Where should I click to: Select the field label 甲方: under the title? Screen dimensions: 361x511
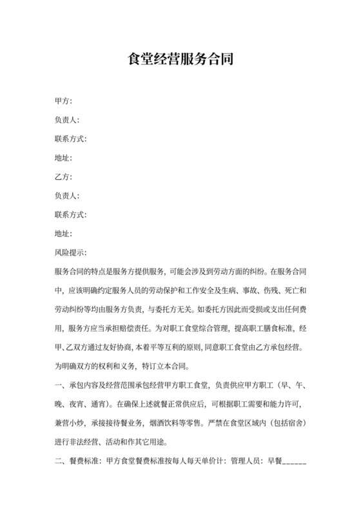pos(63,101)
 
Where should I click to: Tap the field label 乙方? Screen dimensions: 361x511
pos(63,177)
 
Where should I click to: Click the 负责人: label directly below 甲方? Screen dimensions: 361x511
pos(67,120)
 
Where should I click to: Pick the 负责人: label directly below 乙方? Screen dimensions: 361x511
pos(67,195)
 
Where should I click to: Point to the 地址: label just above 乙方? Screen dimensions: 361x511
pos(63,158)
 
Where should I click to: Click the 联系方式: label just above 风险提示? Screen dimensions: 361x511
pos(71,214)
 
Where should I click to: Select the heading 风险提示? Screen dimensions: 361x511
pos(71,252)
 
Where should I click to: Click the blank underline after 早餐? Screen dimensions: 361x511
pos(294,463)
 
